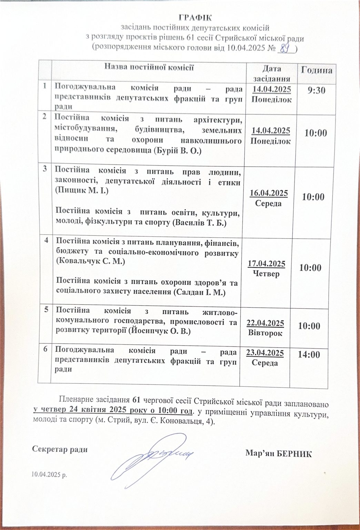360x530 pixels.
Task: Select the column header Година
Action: point(317,70)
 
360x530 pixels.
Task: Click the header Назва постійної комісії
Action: point(149,67)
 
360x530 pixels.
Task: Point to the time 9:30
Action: point(316,90)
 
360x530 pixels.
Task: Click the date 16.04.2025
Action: point(269,193)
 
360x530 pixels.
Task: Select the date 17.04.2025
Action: point(266,264)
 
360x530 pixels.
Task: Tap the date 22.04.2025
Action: point(265,323)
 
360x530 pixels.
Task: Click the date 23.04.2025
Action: point(264,353)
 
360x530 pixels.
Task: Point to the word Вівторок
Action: point(265,333)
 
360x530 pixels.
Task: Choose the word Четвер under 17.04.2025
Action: point(266,274)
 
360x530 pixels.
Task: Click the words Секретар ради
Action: point(60,450)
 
